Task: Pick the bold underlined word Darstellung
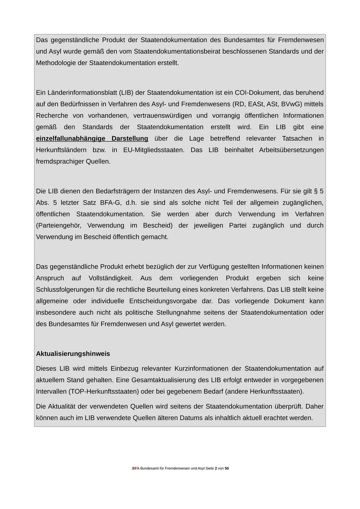click(x=130, y=138)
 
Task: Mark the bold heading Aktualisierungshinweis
click(x=73, y=354)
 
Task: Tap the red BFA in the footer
click(x=136, y=468)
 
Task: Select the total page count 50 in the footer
click(x=227, y=468)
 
